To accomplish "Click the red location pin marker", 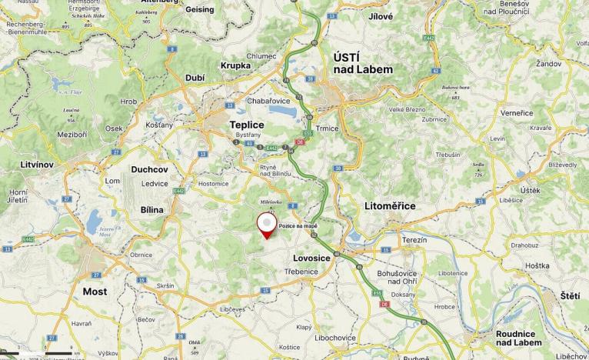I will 267,225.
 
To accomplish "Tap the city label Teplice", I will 247,125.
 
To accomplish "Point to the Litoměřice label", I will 390,206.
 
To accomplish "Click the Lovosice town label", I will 312,258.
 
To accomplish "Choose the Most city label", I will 95,292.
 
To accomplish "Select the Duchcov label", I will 149,168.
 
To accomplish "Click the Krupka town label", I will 235,65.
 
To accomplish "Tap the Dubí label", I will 195,78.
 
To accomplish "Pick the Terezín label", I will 414,240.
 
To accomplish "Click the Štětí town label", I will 570,295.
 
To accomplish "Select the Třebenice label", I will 301,272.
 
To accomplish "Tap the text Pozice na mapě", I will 298,225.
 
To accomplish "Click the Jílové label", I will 381,16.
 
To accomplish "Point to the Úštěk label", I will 530,190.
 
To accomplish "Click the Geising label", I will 200,9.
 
